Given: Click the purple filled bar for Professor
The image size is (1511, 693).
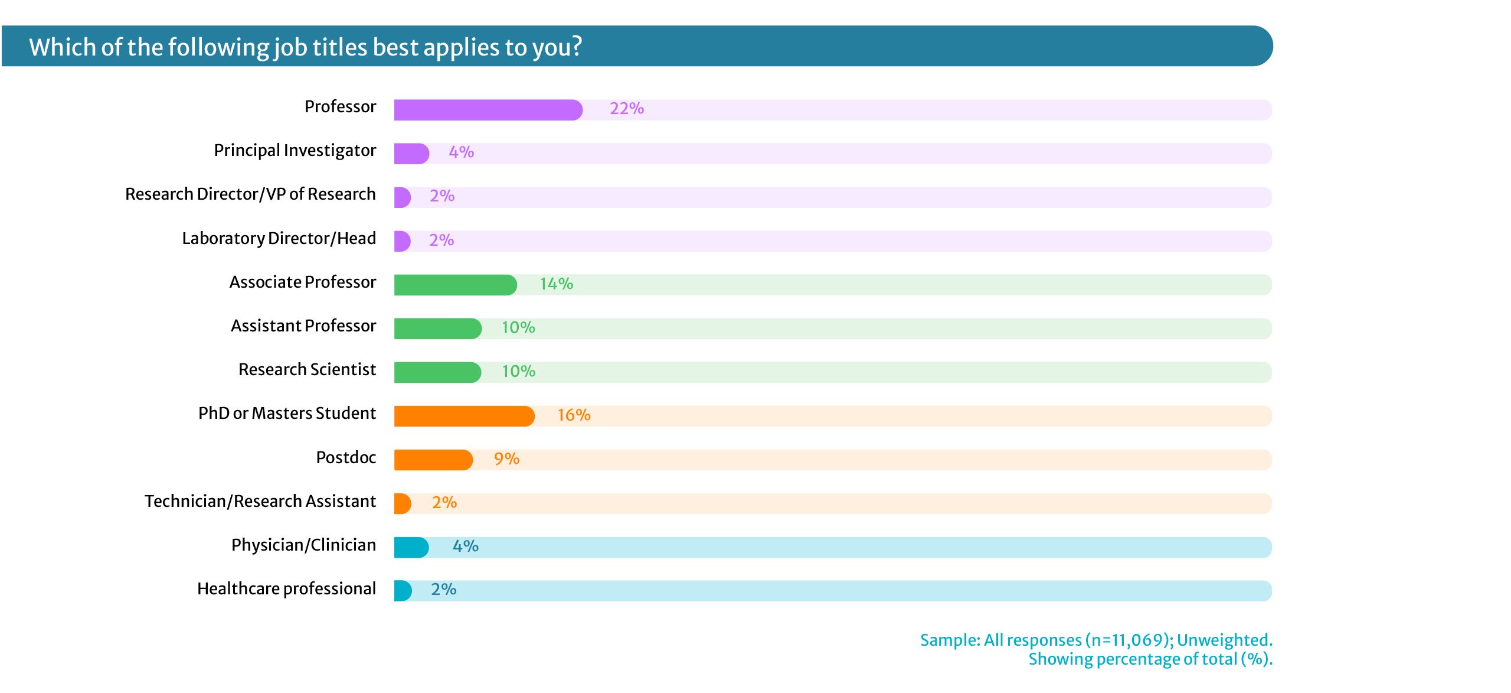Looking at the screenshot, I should [x=488, y=110].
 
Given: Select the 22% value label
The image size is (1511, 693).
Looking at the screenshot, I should [x=626, y=109].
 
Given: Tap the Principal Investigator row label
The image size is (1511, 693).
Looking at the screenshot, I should [x=295, y=151].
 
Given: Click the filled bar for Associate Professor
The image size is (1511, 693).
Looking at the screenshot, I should [x=455, y=285].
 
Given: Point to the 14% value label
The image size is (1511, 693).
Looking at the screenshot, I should [x=556, y=284].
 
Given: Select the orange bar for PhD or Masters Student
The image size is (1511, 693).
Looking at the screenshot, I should [x=464, y=416].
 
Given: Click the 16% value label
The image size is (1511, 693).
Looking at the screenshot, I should [x=574, y=415].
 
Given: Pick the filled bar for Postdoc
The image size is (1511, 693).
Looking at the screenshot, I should [x=433, y=460].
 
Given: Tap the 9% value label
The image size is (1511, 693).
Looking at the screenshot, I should [x=506, y=459].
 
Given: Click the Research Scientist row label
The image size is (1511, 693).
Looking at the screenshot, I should [x=307, y=370].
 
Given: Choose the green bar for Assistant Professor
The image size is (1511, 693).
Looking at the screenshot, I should [x=437, y=328].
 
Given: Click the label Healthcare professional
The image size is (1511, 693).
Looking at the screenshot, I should [x=286, y=589].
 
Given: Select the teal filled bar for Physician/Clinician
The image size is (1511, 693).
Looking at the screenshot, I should [x=411, y=547].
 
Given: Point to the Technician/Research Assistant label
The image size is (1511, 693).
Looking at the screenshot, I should [x=260, y=502].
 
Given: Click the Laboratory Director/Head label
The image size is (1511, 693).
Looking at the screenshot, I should [x=279, y=239].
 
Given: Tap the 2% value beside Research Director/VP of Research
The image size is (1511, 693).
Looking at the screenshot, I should [x=441, y=196].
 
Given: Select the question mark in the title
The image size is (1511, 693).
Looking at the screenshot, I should [x=575, y=47].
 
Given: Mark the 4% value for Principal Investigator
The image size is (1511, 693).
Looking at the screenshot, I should [x=461, y=152].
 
